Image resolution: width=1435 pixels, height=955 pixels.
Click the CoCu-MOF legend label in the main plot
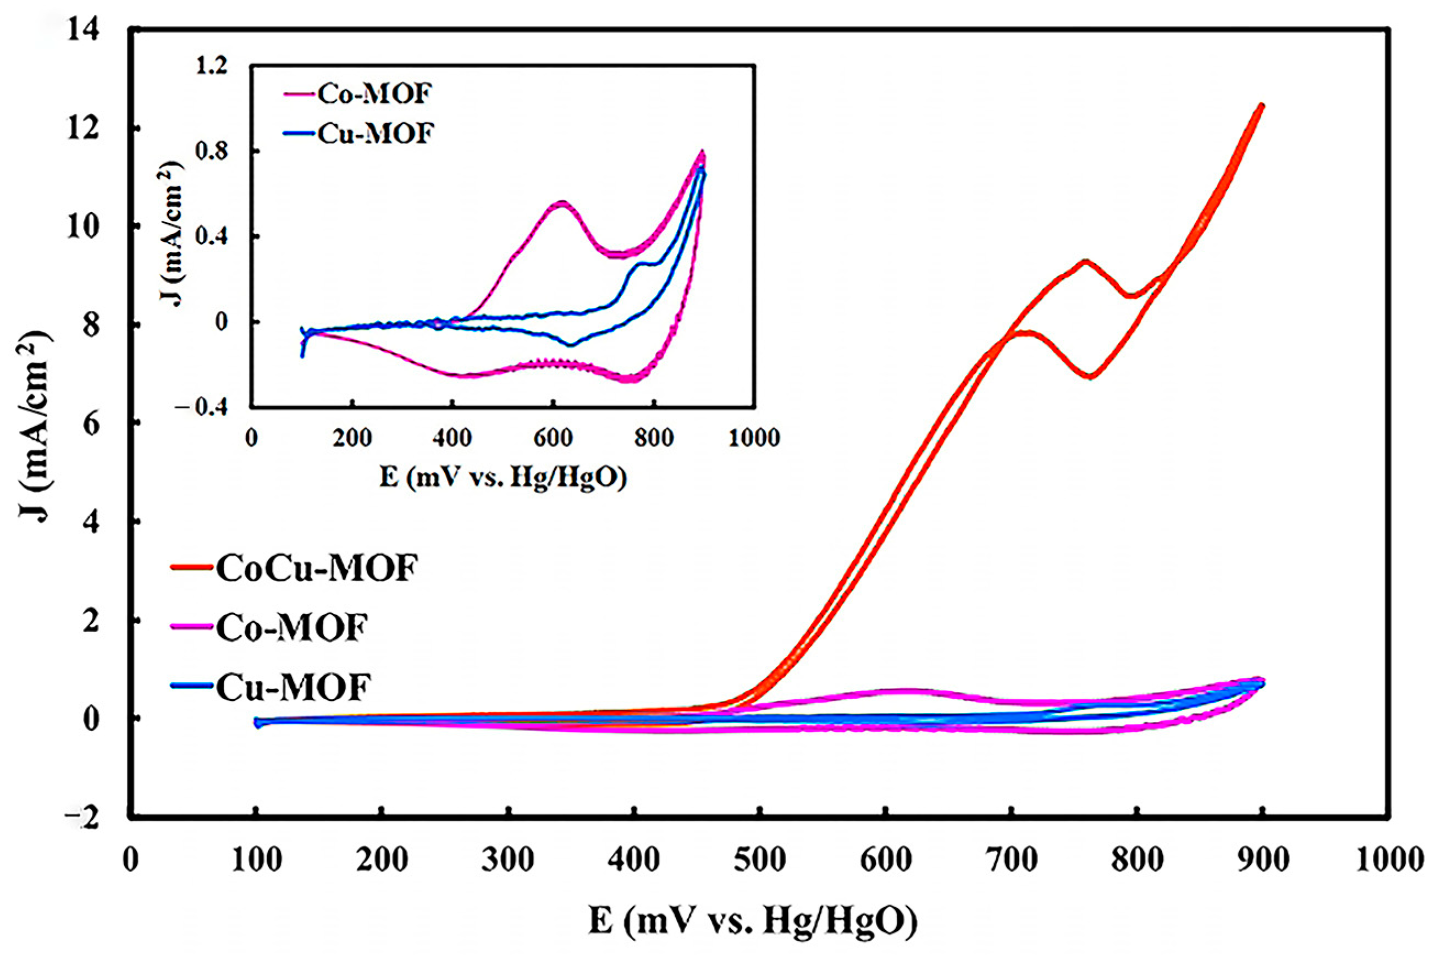click(317, 568)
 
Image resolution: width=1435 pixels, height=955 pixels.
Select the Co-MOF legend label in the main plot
click(292, 628)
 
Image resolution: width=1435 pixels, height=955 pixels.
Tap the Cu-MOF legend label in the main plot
click(293, 687)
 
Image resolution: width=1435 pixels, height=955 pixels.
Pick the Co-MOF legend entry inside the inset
click(373, 94)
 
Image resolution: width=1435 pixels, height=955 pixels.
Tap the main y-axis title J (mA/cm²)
click(35, 423)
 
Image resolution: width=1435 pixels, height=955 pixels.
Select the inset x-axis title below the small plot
click(503, 477)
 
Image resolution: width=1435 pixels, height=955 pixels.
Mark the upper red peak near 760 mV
click(1085, 261)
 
